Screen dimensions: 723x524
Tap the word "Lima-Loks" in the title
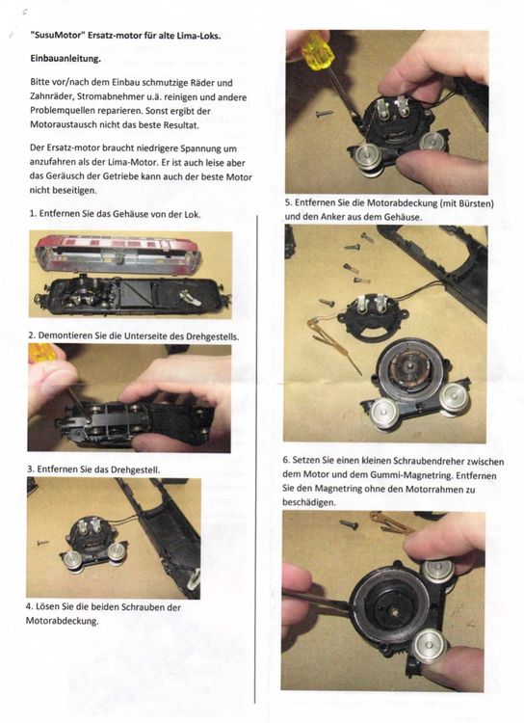click(194, 36)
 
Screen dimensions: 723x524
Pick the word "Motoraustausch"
click(70, 126)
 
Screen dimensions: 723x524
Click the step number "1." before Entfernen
click(34, 213)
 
